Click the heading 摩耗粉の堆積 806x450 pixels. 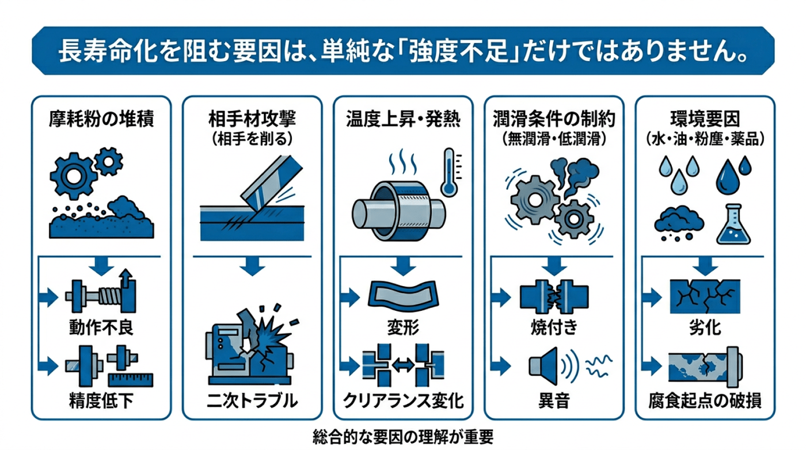[x=101, y=120]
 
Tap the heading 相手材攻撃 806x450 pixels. [x=252, y=120]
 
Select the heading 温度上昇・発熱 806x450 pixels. [x=403, y=120]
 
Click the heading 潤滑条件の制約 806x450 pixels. [x=554, y=120]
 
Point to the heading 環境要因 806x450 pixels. [x=705, y=120]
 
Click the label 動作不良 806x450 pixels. [x=101, y=329]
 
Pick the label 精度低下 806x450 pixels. [x=101, y=401]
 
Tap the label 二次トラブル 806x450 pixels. [x=252, y=401]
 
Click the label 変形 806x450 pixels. [x=403, y=329]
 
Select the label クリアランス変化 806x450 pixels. [x=403, y=401]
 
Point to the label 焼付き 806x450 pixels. [x=553, y=329]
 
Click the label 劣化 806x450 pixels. [x=705, y=329]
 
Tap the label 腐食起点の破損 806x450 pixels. [x=705, y=401]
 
